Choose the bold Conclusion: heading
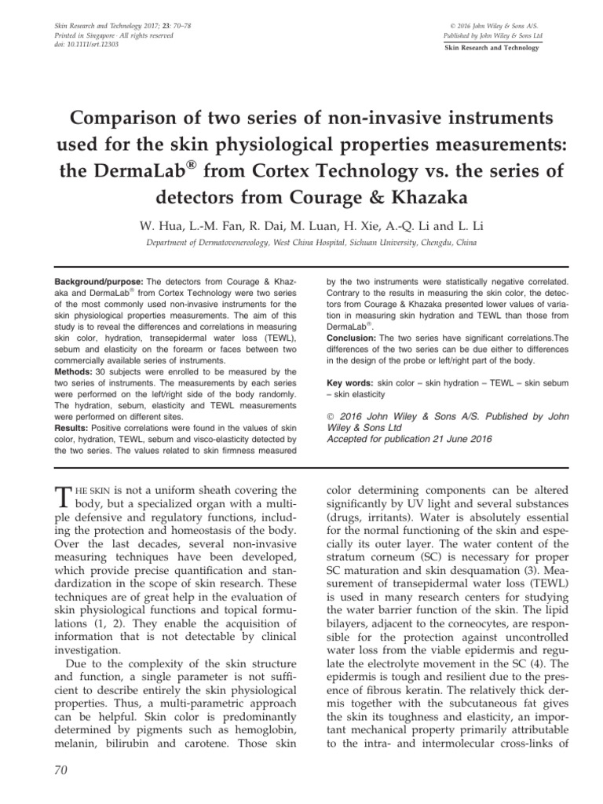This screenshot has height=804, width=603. pos(351,340)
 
